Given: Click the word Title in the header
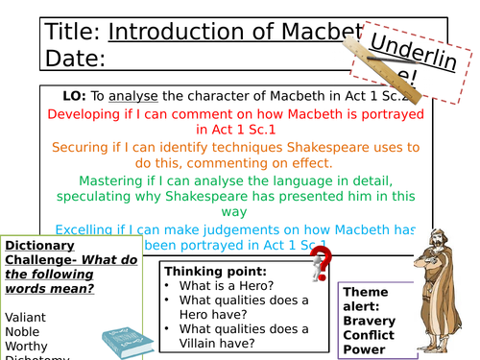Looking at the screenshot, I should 71,32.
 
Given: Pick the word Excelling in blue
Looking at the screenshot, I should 87,230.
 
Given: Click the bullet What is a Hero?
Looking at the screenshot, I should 226,286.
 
